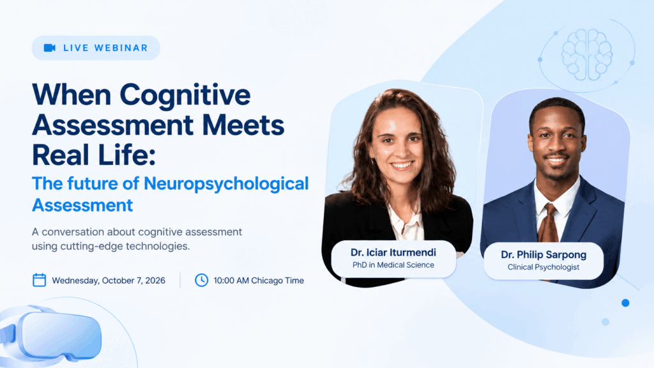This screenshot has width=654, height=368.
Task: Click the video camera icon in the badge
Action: (x=50, y=48)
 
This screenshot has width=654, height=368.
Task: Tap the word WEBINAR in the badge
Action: (x=121, y=48)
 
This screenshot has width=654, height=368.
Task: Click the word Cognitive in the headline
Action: (x=185, y=96)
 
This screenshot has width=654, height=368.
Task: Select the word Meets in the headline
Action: (x=243, y=125)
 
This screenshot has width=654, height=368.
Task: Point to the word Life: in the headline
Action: (x=127, y=155)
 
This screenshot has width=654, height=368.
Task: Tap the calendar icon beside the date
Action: (x=39, y=280)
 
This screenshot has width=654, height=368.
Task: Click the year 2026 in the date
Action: (x=155, y=280)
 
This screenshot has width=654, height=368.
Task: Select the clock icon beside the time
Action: (x=201, y=280)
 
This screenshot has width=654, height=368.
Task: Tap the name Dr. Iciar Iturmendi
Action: (x=393, y=252)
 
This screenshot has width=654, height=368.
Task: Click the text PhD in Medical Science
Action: (x=393, y=265)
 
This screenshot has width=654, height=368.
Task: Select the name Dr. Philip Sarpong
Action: (x=544, y=254)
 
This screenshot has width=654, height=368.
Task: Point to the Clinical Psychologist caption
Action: (x=544, y=267)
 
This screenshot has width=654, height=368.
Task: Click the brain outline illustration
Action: (x=587, y=54)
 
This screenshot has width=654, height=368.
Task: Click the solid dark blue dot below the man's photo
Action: (x=625, y=303)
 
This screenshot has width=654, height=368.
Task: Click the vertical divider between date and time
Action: (x=180, y=280)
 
